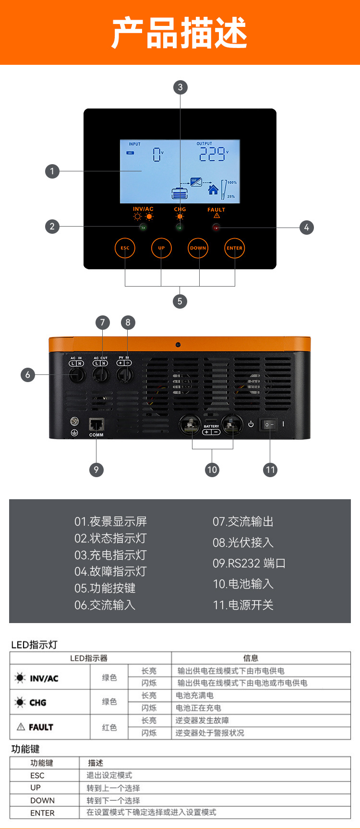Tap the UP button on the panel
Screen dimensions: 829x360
161,248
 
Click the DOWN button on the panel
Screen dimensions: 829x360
198,248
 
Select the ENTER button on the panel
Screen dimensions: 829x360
235,248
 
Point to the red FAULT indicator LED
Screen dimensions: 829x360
216,228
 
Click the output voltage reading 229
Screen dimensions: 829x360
212,154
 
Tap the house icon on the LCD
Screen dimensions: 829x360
213,190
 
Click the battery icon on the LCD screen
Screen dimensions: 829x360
180,193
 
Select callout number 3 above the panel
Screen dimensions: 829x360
180,87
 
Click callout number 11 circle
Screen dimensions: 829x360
270,469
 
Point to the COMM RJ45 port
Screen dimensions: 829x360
96,425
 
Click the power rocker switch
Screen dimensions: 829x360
269,424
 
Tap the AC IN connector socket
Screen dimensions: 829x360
77,375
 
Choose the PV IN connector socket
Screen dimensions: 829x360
124,374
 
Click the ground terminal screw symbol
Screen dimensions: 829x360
74,422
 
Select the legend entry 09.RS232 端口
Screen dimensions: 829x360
249,563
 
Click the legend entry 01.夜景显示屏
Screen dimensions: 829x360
110,521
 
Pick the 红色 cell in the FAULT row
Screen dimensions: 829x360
109,727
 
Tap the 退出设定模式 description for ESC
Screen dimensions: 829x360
109,775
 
